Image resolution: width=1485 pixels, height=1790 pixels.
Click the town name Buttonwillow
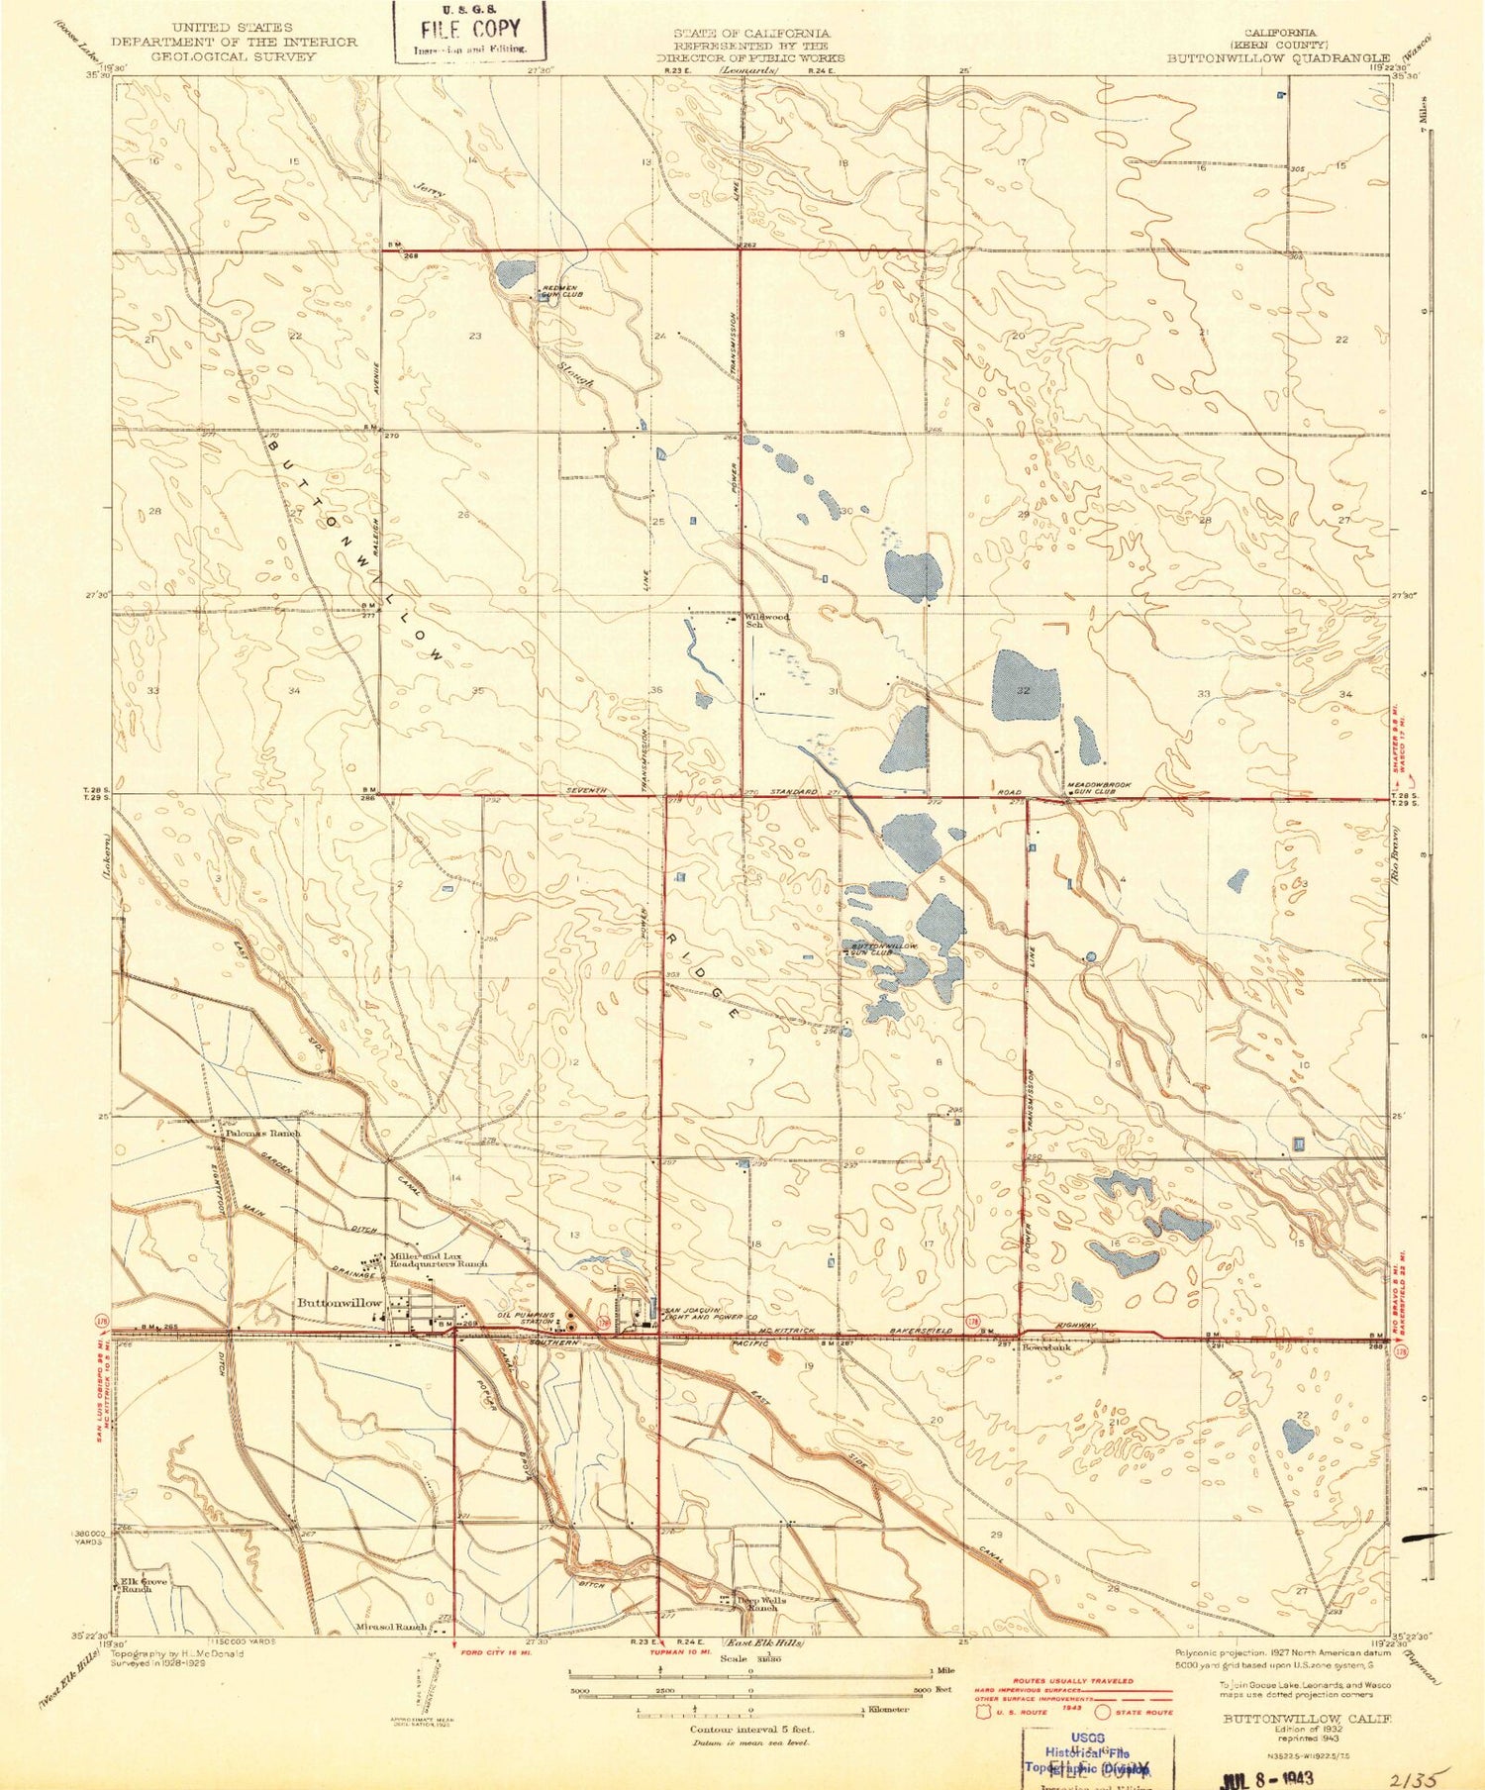[340, 1303]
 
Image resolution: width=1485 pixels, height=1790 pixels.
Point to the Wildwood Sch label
[767, 620]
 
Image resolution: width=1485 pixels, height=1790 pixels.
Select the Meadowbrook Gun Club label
[1092, 789]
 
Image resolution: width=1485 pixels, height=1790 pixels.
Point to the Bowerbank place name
[1046, 1347]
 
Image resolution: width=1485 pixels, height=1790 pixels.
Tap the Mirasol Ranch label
[392, 1627]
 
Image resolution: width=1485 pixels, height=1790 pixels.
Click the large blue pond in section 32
[1025, 685]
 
